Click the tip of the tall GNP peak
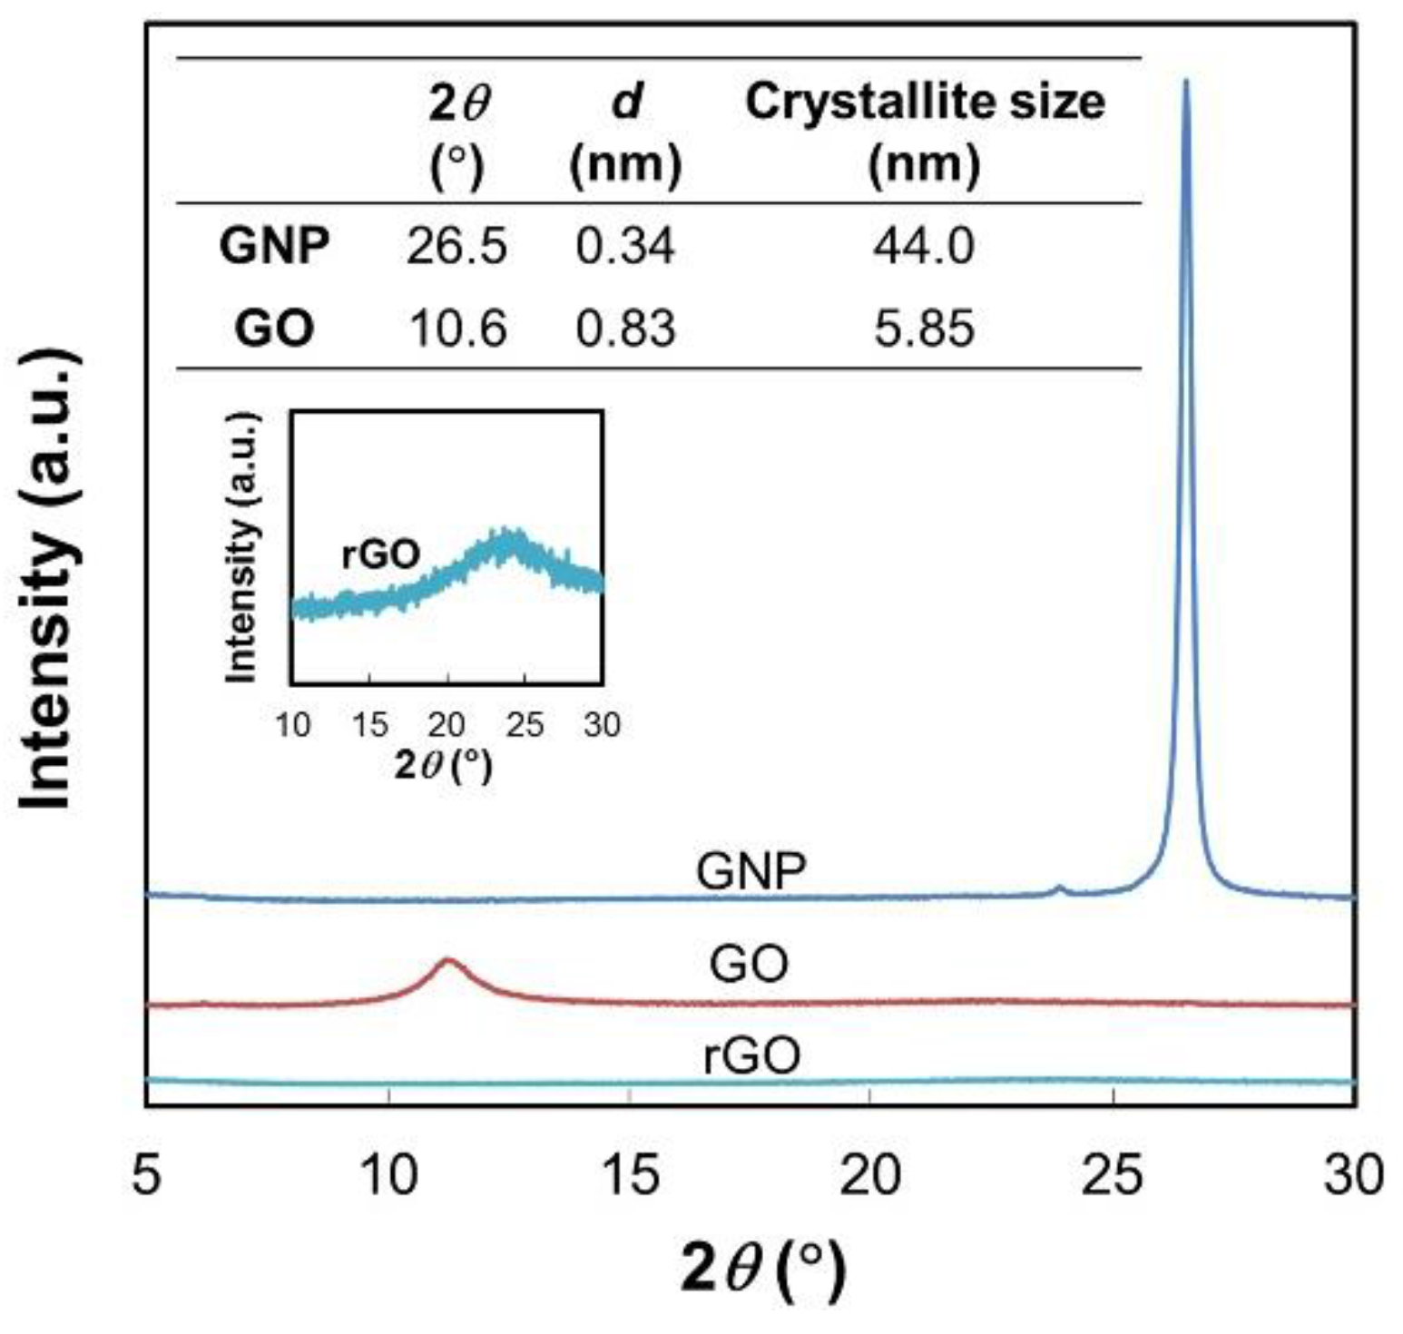click(1185, 83)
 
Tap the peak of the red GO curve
click(447, 960)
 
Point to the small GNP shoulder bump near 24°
click(1058, 887)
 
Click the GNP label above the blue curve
click(751, 871)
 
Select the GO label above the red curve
click(749, 964)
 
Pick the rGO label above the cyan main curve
click(752, 1055)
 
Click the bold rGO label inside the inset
click(380, 554)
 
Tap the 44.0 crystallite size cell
click(924, 246)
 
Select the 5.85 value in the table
click(924, 328)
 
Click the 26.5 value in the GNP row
click(456, 246)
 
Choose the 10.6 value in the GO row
click(457, 328)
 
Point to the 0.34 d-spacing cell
click(625, 246)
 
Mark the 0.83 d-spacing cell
click(625, 328)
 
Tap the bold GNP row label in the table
click(274, 246)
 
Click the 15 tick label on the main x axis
click(630, 1175)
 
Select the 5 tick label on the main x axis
click(146, 1175)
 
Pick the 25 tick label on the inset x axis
click(525, 725)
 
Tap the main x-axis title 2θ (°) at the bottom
click(762, 1270)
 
